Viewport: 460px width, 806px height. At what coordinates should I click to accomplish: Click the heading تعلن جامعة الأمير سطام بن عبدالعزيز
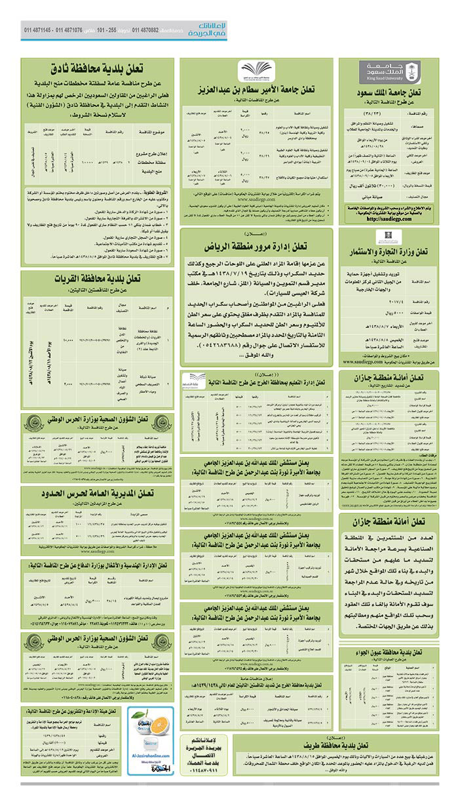pyautogui.click(x=257, y=90)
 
